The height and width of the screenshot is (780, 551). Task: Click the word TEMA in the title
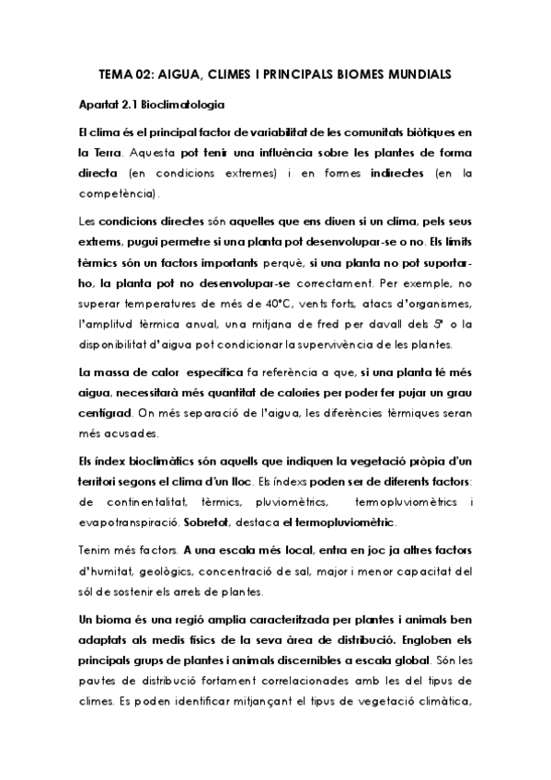point(116,74)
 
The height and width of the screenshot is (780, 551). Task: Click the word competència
point(117,195)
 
